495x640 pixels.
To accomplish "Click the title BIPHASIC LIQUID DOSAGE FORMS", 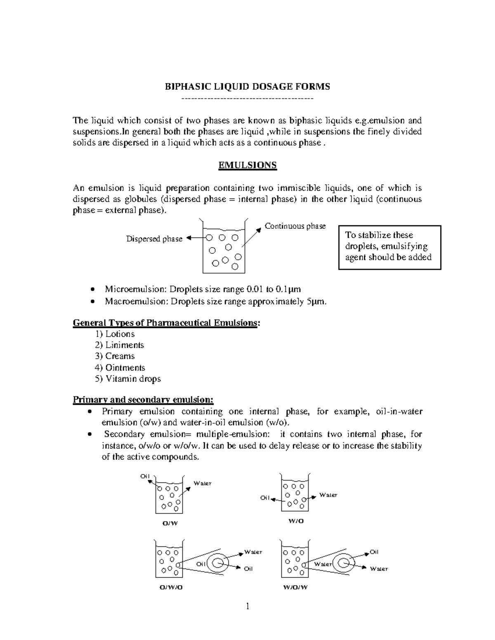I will (x=247, y=87).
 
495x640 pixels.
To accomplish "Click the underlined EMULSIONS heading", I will (x=247, y=165).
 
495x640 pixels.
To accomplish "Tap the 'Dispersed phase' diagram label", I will (x=154, y=239).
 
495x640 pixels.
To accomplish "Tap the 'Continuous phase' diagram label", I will (x=295, y=226).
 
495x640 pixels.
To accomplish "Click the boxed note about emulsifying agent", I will (x=389, y=247).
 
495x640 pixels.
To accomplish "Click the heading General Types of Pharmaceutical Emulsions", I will (x=166, y=323).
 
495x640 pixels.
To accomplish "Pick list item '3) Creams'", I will (x=115, y=356).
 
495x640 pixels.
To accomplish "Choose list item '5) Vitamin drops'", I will (x=127, y=379).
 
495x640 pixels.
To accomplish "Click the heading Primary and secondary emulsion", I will (x=143, y=400).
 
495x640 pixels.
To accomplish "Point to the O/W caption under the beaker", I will (x=170, y=523).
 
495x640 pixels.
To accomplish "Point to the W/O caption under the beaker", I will (x=296, y=521).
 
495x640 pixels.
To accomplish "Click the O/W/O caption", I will (x=171, y=588).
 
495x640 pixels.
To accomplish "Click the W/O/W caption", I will (x=295, y=588).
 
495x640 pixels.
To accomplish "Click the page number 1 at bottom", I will (x=247, y=606).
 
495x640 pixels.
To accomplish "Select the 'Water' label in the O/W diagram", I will (x=203, y=483).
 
